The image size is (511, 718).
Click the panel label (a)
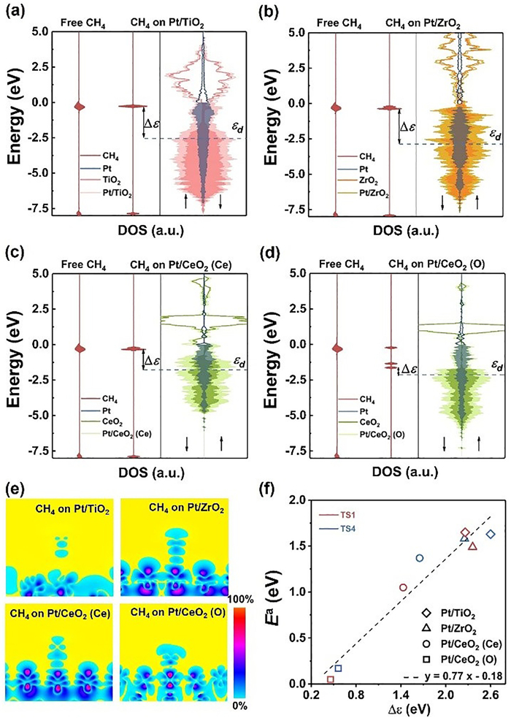coord(14,9)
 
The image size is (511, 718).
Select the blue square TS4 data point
coord(338,668)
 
